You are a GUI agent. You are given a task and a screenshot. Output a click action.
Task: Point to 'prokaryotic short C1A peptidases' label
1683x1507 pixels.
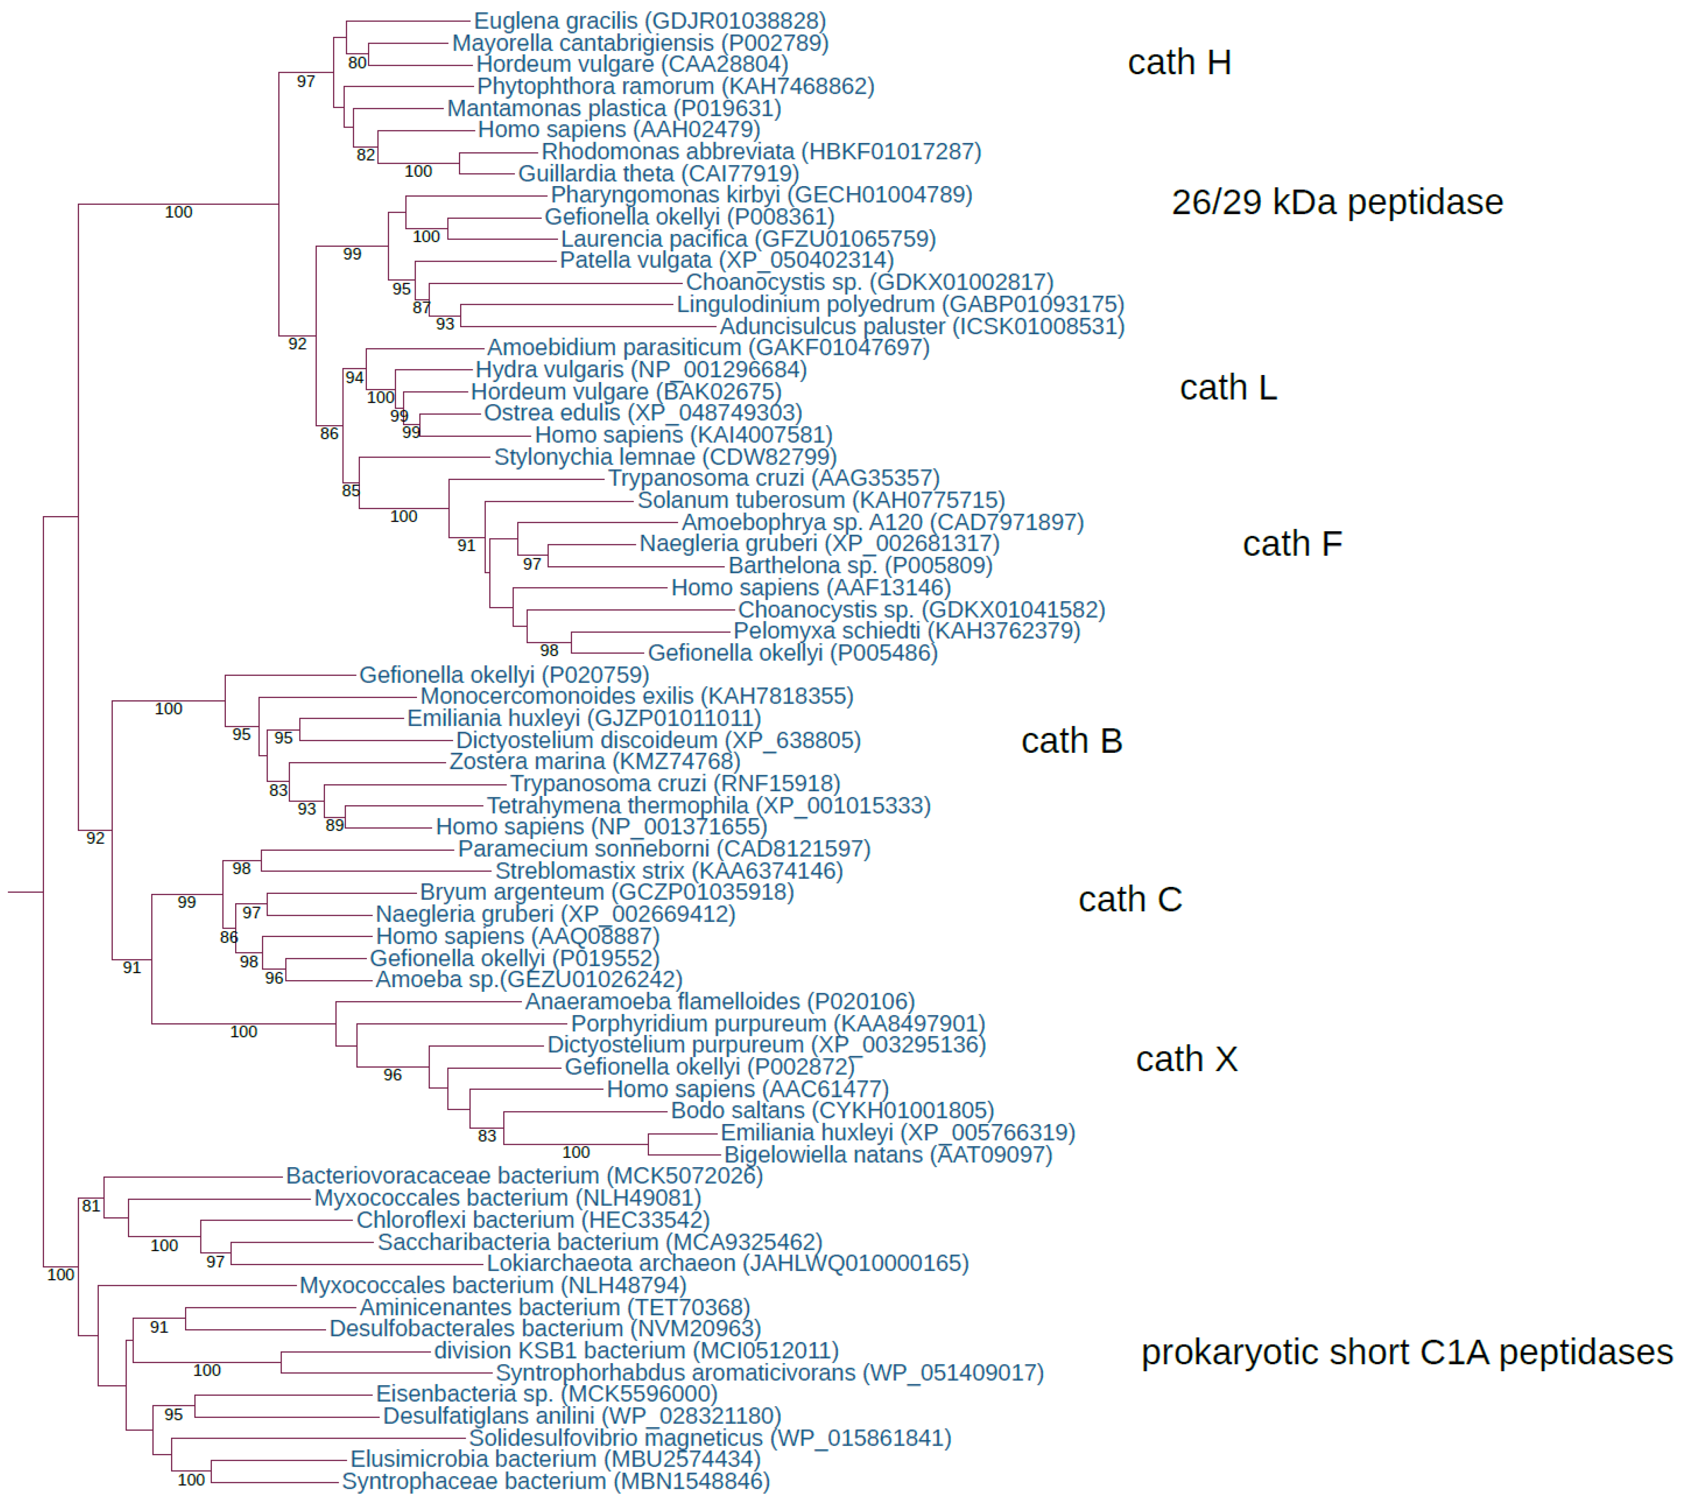click(x=1407, y=1353)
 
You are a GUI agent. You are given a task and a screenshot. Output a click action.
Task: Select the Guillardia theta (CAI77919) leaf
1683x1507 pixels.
click(x=658, y=174)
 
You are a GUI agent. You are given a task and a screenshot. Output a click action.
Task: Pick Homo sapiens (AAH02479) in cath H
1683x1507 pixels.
click(x=618, y=130)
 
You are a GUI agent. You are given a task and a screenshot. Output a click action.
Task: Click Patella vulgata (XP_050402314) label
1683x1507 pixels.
click(x=726, y=261)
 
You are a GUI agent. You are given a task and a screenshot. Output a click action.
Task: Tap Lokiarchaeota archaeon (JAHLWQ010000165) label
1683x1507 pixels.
click(x=727, y=1264)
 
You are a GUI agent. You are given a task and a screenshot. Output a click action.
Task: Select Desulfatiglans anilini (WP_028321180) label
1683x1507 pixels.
click(x=581, y=1417)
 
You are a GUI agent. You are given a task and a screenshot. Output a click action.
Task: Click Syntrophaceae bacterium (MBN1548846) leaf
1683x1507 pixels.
click(x=556, y=1482)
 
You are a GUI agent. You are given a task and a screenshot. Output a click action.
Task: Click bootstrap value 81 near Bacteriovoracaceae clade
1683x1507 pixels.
click(x=91, y=1207)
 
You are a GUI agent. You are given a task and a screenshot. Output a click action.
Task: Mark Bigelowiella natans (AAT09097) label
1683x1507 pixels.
click(x=887, y=1155)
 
